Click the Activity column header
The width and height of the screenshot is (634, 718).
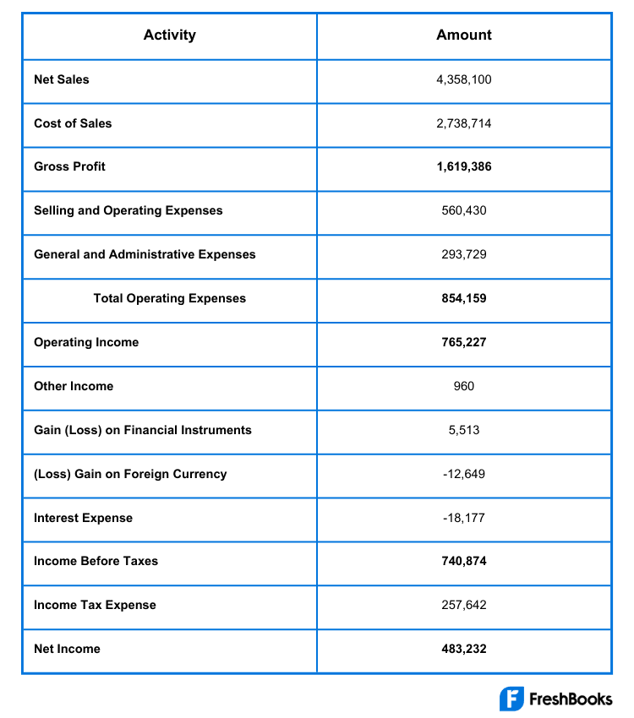click(x=169, y=35)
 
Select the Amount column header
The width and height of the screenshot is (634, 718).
click(x=463, y=35)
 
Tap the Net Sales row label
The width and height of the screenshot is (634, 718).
click(x=62, y=79)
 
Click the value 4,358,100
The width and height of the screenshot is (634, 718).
click(x=463, y=79)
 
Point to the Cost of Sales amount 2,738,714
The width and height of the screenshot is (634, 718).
click(x=463, y=123)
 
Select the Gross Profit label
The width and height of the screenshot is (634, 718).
click(x=69, y=166)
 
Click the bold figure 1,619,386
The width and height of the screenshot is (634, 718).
click(x=463, y=166)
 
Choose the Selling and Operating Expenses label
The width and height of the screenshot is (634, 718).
click(x=128, y=210)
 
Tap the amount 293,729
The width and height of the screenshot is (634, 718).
click(x=463, y=254)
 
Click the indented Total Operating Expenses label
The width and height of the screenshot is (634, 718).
click(x=169, y=298)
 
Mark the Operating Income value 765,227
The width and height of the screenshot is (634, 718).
click(x=463, y=342)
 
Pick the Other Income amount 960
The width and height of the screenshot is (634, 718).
click(x=463, y=386)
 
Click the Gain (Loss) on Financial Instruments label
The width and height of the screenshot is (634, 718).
click(x=143, y=430)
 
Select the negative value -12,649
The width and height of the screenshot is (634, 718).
click(x=463, y=474)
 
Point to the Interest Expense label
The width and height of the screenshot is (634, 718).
click(x=83, y=518)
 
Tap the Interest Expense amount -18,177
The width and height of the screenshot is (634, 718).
click(x=463, y=518)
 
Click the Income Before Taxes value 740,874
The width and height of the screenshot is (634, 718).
click(x=463, y=561)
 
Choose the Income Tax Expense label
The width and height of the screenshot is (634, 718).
click(x=95, y=605)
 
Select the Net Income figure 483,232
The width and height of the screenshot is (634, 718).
click(x=463, y=649)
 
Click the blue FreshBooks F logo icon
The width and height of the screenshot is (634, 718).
click(x=511, y=699)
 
